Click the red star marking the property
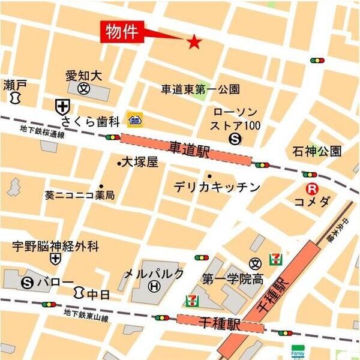194,41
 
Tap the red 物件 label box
122,32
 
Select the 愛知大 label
83,76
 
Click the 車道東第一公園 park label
200,89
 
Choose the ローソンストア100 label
235,119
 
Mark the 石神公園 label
317,150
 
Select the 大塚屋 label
139,162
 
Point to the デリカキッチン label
217,187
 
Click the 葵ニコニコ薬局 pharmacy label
79,196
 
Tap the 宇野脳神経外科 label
55,246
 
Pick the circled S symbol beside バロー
26,282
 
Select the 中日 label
95,294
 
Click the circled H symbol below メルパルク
154,287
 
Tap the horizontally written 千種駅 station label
221,324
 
